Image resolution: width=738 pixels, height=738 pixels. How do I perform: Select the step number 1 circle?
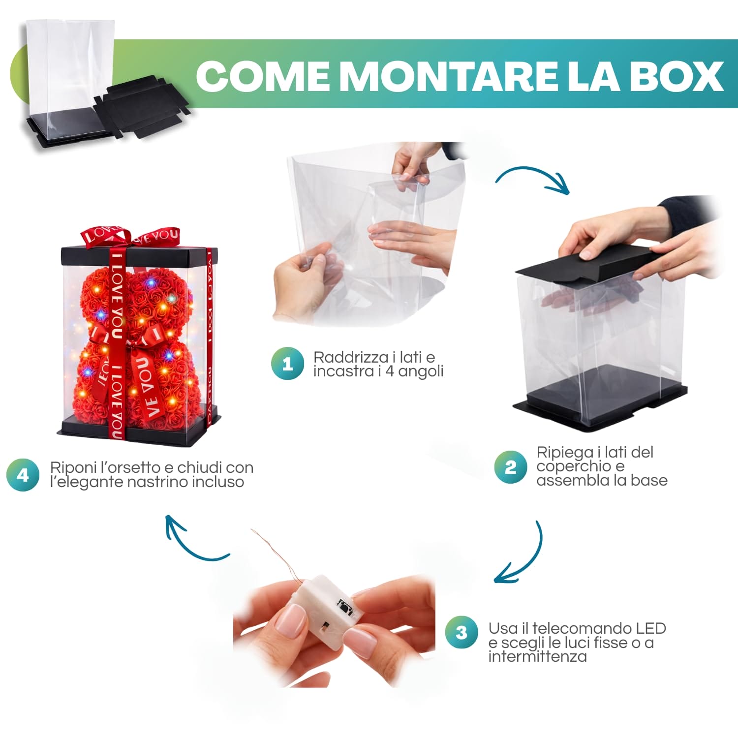tap(287, 364)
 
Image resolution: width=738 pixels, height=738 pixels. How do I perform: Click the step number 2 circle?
tap(510, 467)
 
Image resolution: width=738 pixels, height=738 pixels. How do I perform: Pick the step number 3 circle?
tap(461, 632)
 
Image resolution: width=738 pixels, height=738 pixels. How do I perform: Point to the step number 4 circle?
tap(23, 475)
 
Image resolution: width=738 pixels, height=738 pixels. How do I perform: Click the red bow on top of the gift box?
tap(130, 236)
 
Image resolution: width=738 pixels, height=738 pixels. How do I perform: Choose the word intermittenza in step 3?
tap(537, 657)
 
